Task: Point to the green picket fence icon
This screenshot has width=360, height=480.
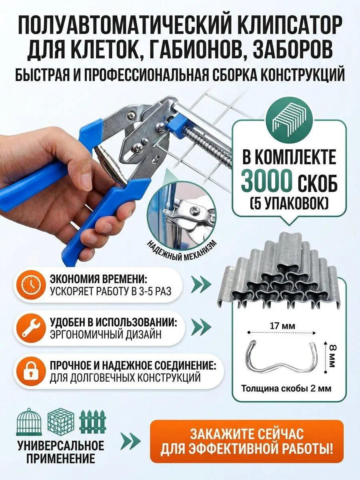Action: pos(93,422)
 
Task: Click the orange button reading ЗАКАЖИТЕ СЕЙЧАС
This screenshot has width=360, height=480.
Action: pos(246,441)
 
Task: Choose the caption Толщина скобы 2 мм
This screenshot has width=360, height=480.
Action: pos(286,388)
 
